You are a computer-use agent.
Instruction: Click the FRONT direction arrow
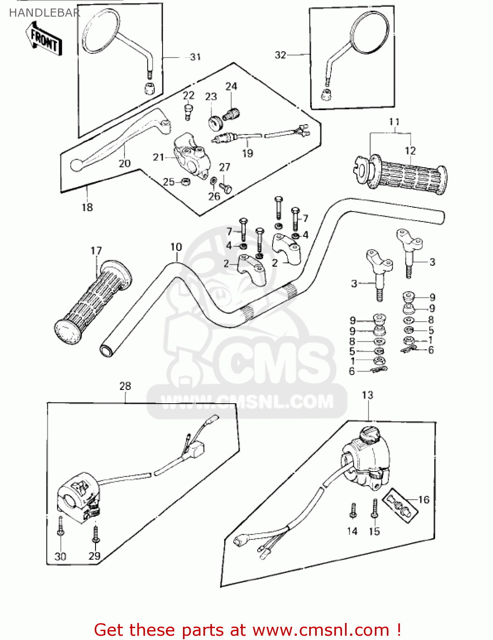click(x=44, y=39)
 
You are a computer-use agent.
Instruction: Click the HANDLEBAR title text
click(x=44, y=13)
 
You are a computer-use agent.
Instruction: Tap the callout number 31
click(x=195, y=57)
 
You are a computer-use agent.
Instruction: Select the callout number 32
click(x=280, y=55)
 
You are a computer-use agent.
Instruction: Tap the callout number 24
click(x=231, y=86)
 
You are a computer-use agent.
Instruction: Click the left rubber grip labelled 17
click(x=93, y=301)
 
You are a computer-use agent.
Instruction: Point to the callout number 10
click(x=176, y=247)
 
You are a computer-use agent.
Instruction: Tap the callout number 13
click(x=367, y=395)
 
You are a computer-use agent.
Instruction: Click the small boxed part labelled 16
click(x=400, y=506)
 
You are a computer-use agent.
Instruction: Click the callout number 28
click(x=125, y=386)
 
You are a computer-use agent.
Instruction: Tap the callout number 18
click(x=87, y=207)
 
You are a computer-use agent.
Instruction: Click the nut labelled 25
click(x=186, y=182)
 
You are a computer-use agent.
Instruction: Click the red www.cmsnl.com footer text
click(x=247, y=630)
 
